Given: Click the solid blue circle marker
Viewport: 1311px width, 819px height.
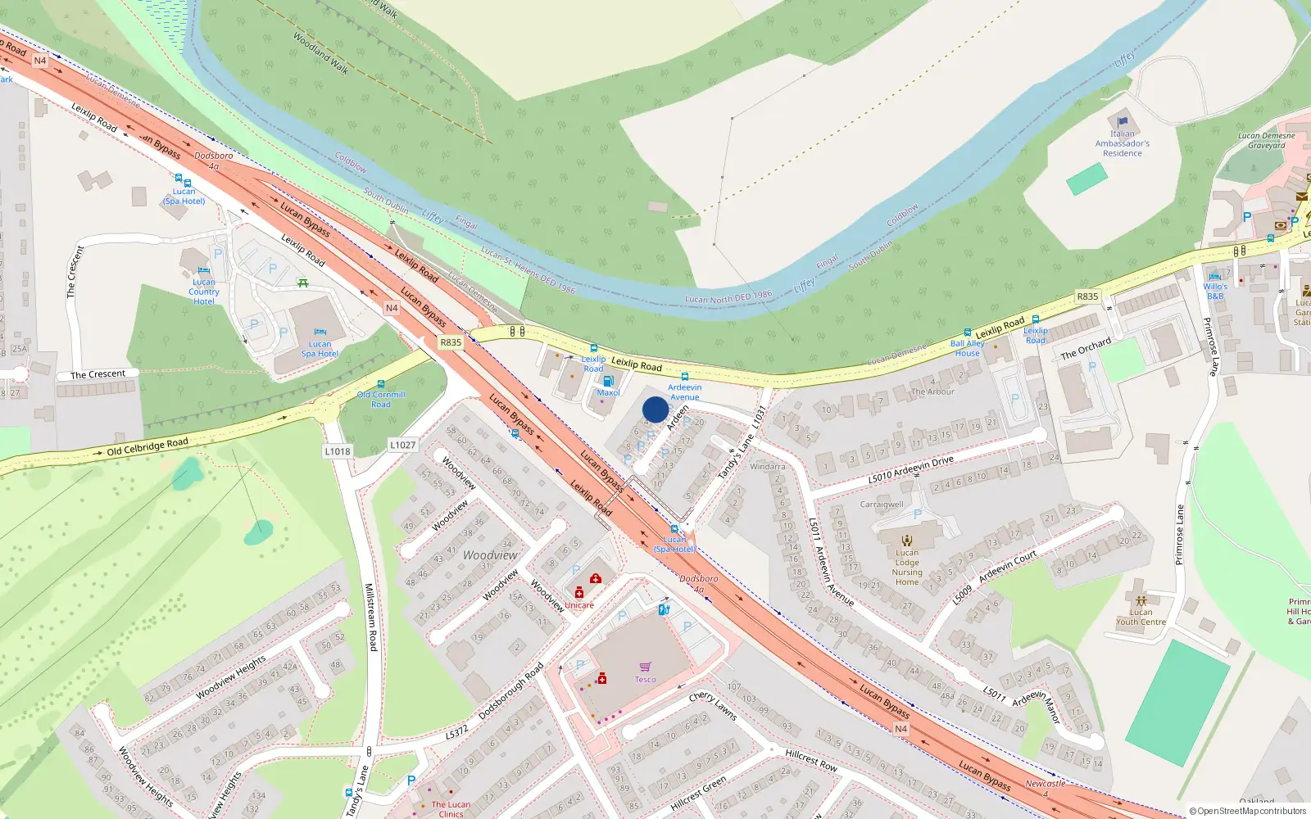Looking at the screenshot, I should tap(655, 409).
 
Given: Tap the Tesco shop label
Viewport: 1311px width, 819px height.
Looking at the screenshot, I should tap(645, 679).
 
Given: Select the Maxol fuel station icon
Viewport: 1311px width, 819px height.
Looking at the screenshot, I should tap(608, 381).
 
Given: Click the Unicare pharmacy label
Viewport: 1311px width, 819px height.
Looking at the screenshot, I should tap(579, 605).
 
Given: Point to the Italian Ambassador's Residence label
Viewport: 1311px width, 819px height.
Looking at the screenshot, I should tap(1123, 143).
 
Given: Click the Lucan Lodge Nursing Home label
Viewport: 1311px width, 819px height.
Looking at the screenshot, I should tap(907, 567).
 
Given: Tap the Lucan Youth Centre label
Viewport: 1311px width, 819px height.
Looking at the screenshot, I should tap(1141, 617).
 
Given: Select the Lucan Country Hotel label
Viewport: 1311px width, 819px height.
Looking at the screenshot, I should tap(204, 292).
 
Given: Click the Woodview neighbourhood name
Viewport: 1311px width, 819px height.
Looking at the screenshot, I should tap(490, 555).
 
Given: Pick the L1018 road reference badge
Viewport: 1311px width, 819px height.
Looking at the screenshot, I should tap(338, 451).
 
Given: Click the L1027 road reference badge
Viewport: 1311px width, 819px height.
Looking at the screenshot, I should tap(402, 445).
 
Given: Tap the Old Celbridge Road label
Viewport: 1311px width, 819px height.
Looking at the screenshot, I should tap(147, 446).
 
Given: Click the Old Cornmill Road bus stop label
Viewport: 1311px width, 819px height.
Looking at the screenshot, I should tap(381, 399).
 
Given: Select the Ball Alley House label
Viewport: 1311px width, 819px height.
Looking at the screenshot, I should tap(968, 348).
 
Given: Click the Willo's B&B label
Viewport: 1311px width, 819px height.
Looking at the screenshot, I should tap(1215, 291).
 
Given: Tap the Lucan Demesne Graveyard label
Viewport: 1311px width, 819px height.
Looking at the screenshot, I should tap(1267, 141).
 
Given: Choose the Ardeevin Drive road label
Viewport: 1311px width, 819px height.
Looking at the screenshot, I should tap(911, 469).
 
